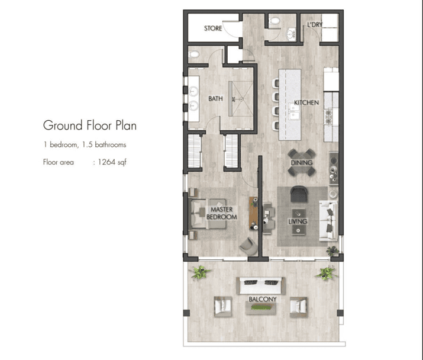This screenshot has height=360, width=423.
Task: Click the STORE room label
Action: point(213,28)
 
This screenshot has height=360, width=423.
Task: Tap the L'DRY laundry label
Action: point(315,25)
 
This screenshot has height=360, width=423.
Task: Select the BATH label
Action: point(215,98)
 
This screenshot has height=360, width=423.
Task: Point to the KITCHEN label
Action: point(306,102)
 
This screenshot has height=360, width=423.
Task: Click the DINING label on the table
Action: point(302,163)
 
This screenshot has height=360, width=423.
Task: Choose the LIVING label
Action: point(298,221)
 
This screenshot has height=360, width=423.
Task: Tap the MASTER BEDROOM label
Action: point(222,213)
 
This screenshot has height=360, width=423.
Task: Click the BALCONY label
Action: point(263,299)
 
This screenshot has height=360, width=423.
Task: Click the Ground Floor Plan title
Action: point(90,126)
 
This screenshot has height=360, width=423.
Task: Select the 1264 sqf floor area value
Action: point(112,162)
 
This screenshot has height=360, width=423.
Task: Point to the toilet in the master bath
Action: point(193,54)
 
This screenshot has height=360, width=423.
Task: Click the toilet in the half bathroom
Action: point(275,21)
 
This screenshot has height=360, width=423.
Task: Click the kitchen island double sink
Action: point(293,112)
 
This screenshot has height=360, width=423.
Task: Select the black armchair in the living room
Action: point(299,194)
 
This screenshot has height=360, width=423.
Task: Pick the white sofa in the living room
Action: point(328,220)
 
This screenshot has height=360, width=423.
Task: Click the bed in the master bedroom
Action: point(208,214)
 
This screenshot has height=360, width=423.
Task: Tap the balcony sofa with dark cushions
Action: point(260,286)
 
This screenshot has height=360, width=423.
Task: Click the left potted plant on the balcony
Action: point(200,272)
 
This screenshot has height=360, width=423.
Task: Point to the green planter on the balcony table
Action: point(260,307)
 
